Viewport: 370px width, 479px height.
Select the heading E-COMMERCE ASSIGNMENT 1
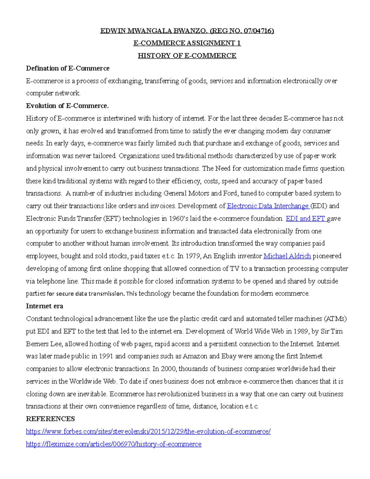click(x=187, y=43)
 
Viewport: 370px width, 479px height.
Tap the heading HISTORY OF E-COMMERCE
click(x=187, y=56)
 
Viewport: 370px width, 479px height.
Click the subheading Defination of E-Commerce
click(x=68, y=68)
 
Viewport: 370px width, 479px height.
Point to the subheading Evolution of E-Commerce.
click(x=67, y=106)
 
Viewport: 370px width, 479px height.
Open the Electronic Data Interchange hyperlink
click(x=268, y=206)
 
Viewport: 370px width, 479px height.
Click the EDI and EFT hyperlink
click(x=306, y=219)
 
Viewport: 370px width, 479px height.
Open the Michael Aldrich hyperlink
click(x=287, y=256)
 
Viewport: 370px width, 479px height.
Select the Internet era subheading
click(x=44, y=306)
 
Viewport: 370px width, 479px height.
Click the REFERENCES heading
click(x=50, y=419)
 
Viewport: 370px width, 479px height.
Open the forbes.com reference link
click(x=148, y=432)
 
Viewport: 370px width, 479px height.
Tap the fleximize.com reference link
click(x=113, y=444)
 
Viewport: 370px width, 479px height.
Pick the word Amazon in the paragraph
click(x=195, y=356)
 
